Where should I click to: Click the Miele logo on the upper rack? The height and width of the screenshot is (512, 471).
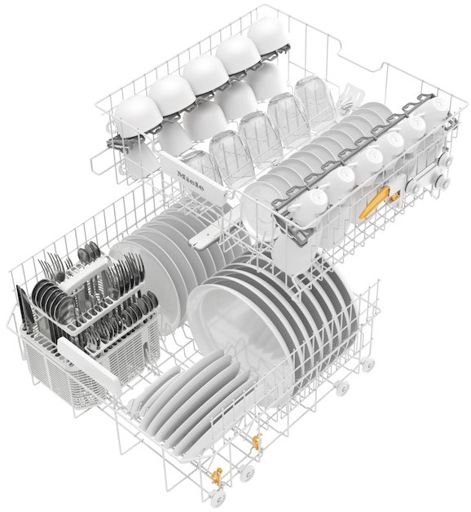click(191, 180)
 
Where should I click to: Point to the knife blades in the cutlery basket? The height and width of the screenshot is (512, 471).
click(24, 307)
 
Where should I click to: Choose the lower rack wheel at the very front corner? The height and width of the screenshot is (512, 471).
click(217, 499)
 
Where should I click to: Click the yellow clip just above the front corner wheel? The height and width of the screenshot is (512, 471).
click(216, 476)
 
